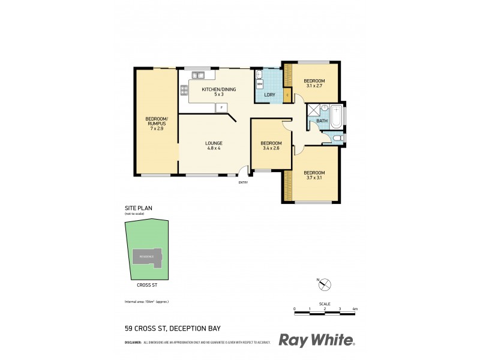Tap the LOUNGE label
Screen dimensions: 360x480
214,143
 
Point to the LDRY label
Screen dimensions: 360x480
269,95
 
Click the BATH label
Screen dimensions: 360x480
322,121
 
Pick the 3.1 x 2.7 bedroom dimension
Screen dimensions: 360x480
314,86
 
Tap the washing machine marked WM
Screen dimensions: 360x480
260,85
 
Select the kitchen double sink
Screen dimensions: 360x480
198,75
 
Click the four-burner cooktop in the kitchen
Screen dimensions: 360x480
183,91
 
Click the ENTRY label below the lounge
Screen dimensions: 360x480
243,182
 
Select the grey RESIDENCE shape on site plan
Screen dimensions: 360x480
147,257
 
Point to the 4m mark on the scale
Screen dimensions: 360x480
355,308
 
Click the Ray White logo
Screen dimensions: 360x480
317,340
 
